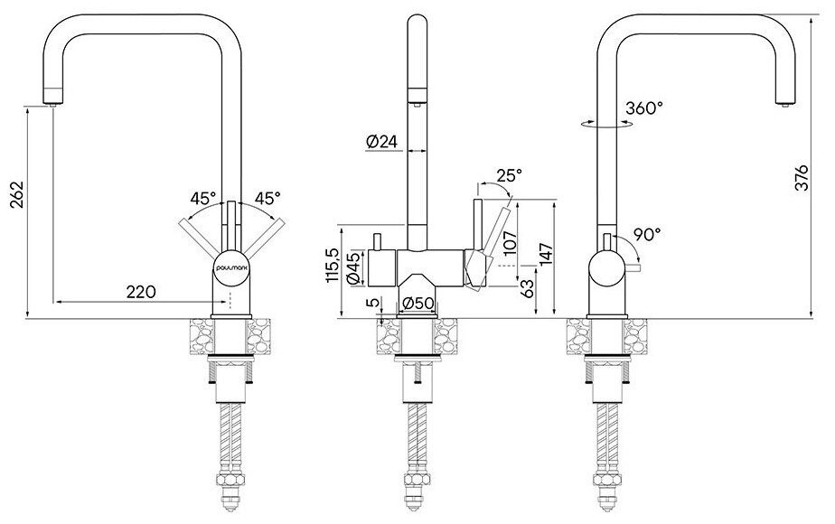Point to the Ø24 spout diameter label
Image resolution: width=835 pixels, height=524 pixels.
(x=381, y=142)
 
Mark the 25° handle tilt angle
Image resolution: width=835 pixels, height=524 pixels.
(x=509, y=175)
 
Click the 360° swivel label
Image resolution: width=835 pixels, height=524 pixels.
(x=643, y=108)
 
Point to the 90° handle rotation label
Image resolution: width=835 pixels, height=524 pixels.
(x=645, y=234)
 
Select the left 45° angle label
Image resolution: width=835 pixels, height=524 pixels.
(x=203, y=197)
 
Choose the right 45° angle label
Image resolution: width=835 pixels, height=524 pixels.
(x=266, y=197)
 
